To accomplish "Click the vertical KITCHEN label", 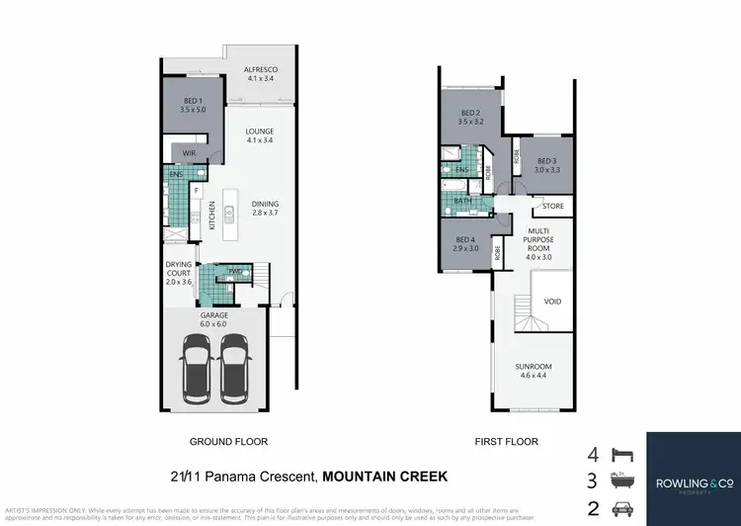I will pyautogui.click(x=211, y=217).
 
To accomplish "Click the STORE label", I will pyautogui.click(x=552, y=207).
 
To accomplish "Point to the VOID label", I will pyautogui.click(x=552, y=302).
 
